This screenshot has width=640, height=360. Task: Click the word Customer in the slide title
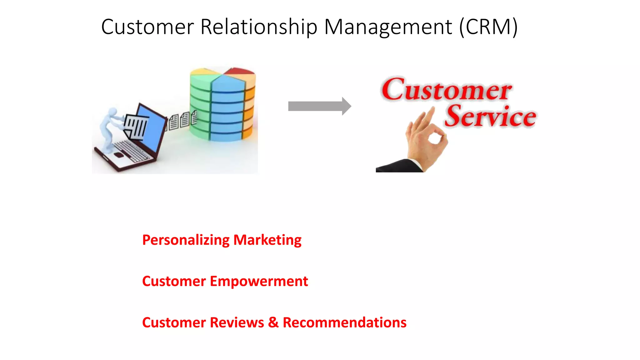coord(147,27)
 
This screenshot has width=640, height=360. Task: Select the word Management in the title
coord(388,27)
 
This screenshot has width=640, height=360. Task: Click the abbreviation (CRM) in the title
coord(488,27)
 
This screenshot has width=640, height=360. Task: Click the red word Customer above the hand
coord(446,90)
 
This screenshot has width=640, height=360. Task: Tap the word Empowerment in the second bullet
coord(259,281)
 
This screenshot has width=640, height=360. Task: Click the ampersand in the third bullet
coord(273,322)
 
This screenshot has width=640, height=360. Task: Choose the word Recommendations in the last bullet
coord(344,322)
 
